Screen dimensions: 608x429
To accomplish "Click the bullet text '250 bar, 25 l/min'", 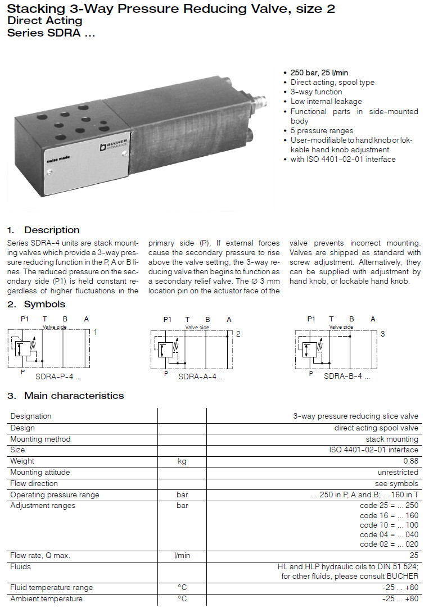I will click(319, 73).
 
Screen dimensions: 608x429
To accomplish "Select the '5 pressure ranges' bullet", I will click(322, 130).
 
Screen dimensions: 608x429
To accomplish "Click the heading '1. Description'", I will click(43, 230).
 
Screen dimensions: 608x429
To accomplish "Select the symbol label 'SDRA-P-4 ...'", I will click(58, 376).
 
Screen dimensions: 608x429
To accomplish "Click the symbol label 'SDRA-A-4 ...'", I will click(201, 377).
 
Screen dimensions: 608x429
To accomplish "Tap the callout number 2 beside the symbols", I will click(238, 334).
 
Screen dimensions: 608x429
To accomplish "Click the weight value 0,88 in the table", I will click(410, 461).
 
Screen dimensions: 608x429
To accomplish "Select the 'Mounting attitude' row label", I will click(40, 473).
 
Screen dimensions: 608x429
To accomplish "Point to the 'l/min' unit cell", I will click(182, 556).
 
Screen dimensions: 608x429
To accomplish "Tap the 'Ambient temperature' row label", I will click(46, 598).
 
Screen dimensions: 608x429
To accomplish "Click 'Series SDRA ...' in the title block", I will click(51, 33).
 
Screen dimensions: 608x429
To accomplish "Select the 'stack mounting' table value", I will click(392, 439).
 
